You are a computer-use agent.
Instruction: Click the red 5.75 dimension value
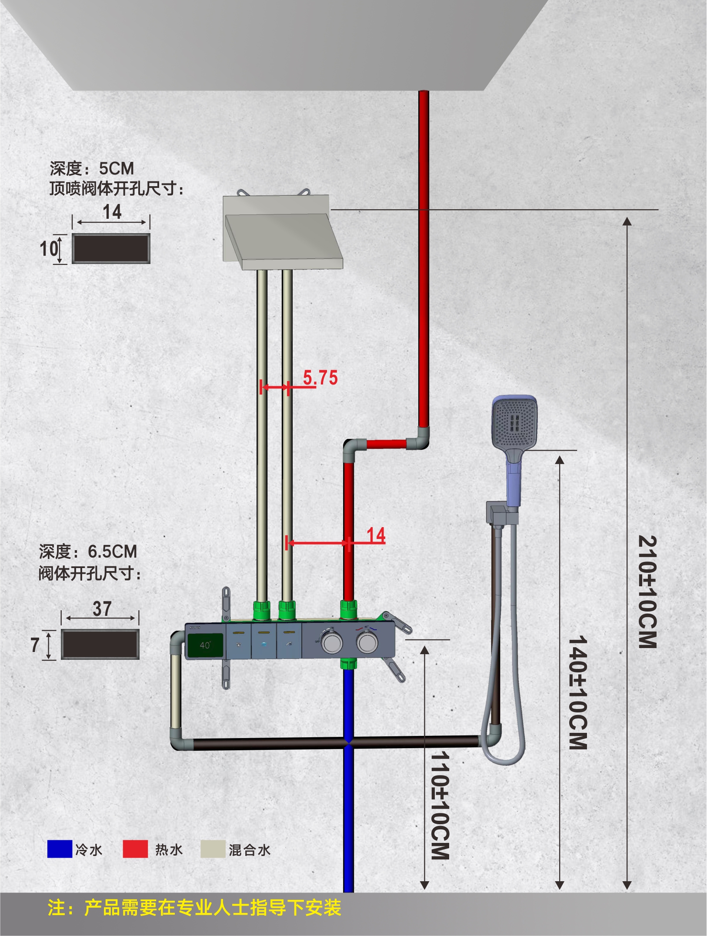click(320, 378)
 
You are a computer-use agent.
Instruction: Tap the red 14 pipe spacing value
click(376, 535)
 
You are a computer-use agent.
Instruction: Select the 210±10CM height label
click(647, 592)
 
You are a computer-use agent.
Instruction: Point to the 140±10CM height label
click(578, 692)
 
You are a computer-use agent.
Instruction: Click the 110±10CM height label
click(440, 805)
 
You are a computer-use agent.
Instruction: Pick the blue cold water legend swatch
click(60, 849)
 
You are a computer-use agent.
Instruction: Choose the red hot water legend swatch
click(135, 849)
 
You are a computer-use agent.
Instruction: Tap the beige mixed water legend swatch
click(213, 849)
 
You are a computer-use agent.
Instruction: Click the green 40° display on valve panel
click(205, 645)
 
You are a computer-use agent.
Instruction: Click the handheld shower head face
click(514, 422)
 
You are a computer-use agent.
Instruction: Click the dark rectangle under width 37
click(100, 644)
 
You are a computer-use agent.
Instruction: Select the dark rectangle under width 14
click(111, 248)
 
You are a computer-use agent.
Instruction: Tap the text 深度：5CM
click(92, 168)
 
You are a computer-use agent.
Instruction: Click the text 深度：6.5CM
click(88, 552)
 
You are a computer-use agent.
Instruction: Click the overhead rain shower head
click(283, 233)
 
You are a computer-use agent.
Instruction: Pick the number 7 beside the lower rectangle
click(35, 645)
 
